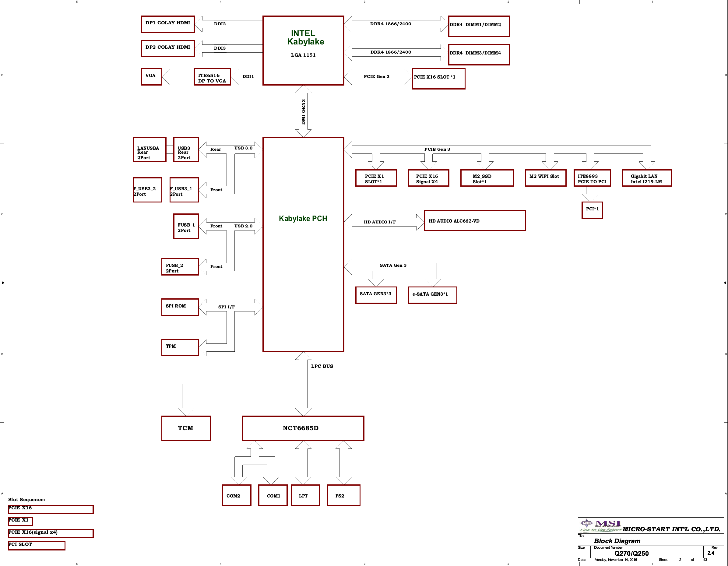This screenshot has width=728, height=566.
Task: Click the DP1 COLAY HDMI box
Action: pos(168,24)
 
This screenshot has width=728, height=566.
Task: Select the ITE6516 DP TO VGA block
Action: pos(212,77)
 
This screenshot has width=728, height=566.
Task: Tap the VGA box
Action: pos(152,77)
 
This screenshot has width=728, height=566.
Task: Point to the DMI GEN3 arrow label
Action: pos(303,112)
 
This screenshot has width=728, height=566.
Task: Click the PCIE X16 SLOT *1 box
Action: pos(439,79)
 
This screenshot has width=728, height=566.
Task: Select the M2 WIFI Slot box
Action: pos(546,178)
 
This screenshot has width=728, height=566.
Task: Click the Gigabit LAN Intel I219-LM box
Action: pos(647,178)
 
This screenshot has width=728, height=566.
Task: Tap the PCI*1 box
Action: pos(592,210)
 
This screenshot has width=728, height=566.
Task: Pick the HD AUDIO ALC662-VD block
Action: pos(475,220)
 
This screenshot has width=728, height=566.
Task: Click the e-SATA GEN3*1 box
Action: pos(433,295)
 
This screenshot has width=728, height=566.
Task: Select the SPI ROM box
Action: pos(180,307)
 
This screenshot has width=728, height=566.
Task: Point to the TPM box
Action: pos(180,348)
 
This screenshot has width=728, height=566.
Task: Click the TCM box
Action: pos(186,428)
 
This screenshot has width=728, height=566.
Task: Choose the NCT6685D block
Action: pos(303,428)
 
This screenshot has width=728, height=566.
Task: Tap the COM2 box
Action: pos(237,495)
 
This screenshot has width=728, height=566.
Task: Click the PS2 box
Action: pos(344,495)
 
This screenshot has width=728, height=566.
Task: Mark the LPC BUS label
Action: pos(322,366)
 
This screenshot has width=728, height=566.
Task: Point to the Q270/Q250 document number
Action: pos(631,553)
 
